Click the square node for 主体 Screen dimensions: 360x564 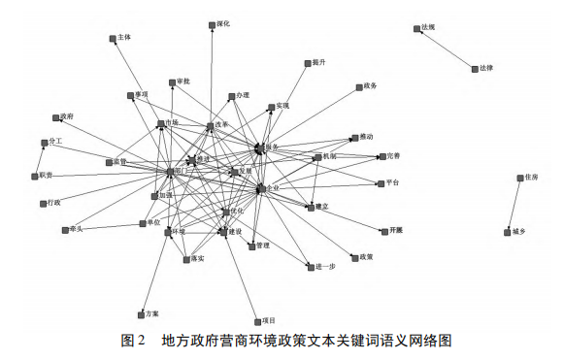(x=113, y=40)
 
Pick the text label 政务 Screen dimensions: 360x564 (x=370, y=86)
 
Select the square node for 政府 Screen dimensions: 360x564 (x=59, y=118)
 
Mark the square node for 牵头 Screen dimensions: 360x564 (x=63, y=231)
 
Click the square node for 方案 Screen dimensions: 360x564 (x=142, y=314)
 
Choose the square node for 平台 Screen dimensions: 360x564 (x=379, y=183)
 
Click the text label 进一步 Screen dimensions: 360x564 (x=326, y=266)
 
